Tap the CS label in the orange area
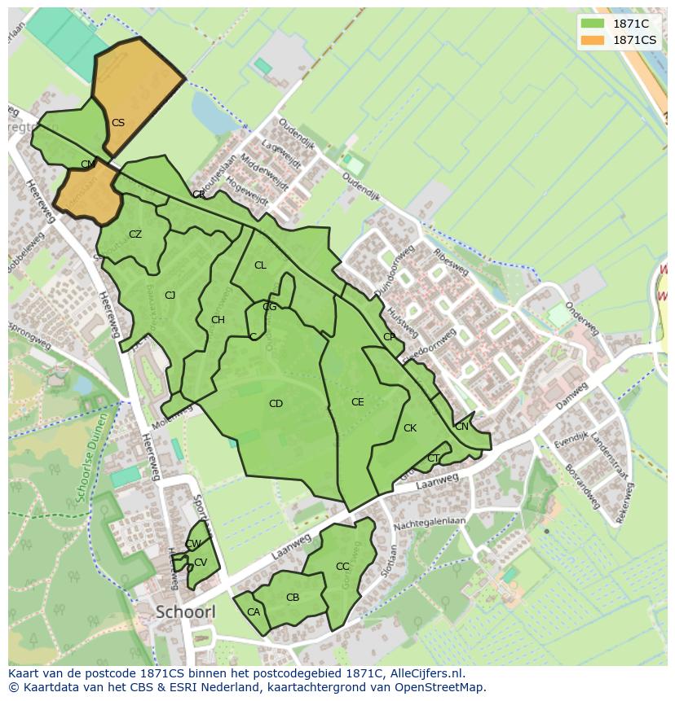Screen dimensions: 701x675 [118, 123]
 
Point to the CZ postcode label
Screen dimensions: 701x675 [135, 234]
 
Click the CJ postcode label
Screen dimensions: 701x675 [170, 296]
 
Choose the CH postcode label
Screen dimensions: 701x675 [218, 320]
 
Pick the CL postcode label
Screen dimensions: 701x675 [260, 265]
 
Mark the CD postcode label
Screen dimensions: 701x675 [276, 404]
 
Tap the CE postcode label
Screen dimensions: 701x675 [357, 402]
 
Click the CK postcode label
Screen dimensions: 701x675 [410, 428]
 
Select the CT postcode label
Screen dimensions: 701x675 [433, 458]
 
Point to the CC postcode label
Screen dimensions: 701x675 [342, 567]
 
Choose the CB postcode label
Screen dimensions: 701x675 [293, 598]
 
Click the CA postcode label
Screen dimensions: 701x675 [253, 612]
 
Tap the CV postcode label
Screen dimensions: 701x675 [201, 563]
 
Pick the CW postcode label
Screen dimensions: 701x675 [193, 544]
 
